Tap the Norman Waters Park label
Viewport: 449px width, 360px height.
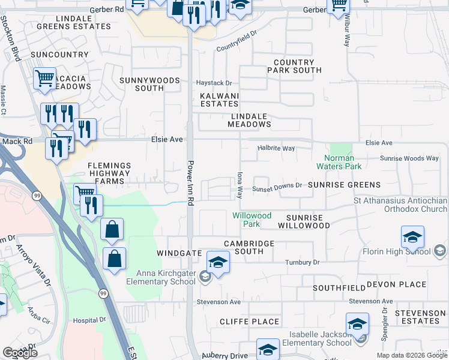339,162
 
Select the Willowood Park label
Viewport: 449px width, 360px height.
252,220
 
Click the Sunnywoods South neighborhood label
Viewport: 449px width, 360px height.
142,84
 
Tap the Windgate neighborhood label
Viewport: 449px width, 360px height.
179,253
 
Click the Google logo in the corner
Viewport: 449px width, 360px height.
20,353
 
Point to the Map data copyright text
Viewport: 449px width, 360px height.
412,355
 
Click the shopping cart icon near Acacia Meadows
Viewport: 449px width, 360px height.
45,79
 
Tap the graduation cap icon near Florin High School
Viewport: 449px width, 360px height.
412,237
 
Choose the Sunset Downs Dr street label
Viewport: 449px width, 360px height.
277,185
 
